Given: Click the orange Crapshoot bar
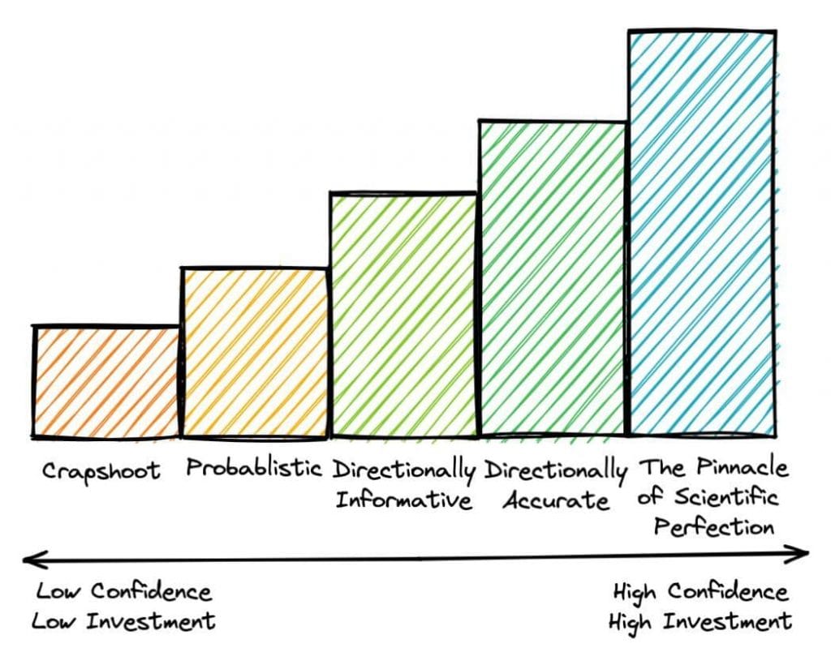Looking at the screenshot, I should [106, 380].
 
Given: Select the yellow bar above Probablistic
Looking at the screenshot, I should [255, 352].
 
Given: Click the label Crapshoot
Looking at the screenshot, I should [101, 471].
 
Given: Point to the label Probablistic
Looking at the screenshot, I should [254, 468].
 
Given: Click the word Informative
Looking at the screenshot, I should [403, 499].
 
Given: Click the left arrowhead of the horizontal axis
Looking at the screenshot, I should [28, 558].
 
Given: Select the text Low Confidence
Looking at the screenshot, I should [123, 591].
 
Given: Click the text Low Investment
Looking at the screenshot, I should [123, 621].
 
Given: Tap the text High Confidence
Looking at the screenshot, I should [700, 591].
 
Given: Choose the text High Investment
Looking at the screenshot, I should [700, 621].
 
